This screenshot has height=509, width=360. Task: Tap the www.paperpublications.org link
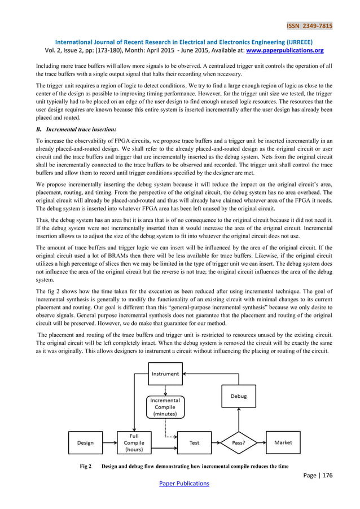284,50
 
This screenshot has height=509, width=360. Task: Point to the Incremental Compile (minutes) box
165,406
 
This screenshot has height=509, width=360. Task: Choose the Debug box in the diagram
238,396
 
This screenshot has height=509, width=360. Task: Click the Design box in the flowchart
85,442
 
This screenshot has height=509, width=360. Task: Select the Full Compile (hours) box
134,442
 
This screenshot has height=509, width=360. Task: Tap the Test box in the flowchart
194,442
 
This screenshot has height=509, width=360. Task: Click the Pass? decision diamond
239,442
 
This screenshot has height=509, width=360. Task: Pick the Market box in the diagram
283,442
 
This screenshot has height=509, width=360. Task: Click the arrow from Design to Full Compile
109,442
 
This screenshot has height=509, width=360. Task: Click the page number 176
326,475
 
